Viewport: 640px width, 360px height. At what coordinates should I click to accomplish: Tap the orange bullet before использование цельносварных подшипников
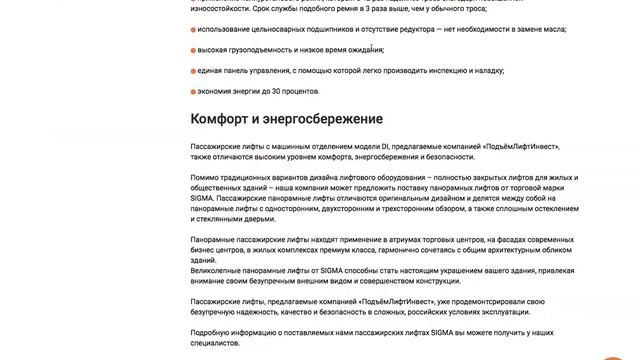click(x=193, y=30)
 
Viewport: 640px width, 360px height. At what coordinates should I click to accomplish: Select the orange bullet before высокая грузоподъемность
click(x=193, y=50)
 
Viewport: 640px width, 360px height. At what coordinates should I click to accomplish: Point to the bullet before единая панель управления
click(x=193, y=71)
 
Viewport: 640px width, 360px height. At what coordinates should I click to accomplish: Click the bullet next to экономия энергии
click(x=193, y=91)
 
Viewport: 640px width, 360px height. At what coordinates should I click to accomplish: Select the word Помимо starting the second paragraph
click(x=207, y=178)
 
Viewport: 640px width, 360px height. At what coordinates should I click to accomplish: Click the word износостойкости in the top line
click(x=220, y=8)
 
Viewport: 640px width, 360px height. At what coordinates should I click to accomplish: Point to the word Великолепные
click(x=220, y=270)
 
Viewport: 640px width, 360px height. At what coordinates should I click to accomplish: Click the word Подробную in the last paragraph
click(x=213, y=332)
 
